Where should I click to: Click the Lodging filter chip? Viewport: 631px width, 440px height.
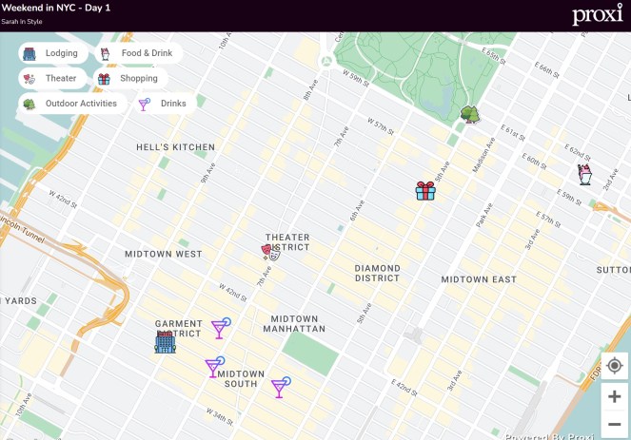coord(53,53)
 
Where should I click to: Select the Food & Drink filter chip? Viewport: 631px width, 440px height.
coord(137,53)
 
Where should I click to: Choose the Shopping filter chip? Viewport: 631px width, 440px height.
coord(129,79)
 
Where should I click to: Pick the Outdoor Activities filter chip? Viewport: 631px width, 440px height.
coord(71,104)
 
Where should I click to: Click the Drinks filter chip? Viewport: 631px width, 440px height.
coord(164,104)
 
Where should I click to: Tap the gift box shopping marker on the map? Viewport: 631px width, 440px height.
coord(425,191)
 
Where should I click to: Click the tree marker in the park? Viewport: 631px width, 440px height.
coord(469,115)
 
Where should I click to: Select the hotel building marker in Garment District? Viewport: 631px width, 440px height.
coord(165,342)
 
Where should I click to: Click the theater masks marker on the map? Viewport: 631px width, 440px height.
coord(270,252)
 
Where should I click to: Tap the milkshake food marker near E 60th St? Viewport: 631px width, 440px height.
coord(585,174)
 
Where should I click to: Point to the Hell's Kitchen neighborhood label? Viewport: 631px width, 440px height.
coord(175,147)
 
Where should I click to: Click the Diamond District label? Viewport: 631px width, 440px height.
coord(377,274)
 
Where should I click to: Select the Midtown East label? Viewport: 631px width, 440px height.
coord(479,279)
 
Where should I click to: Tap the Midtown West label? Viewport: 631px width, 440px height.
coord(164,255)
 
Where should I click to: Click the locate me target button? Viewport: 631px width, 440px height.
coord(614,366)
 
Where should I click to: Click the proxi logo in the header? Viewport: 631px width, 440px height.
coord(597,15)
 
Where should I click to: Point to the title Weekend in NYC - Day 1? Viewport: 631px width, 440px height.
coord(56,8)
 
